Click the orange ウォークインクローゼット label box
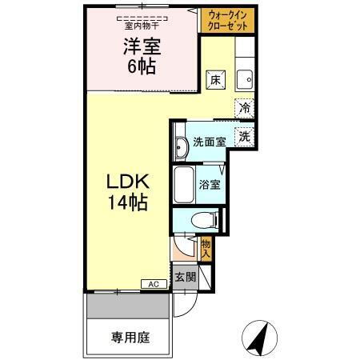tap(228, 20)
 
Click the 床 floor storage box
tap(215, 79)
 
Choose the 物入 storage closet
tap(206, 248)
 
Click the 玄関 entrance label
tap(185, 278)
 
